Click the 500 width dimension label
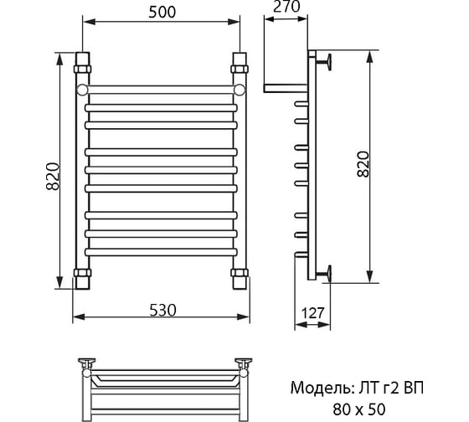(162, 13)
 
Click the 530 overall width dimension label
(162, 310)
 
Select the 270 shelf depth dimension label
(286, 7)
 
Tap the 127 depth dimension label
(312, 313)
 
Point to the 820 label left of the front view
(53, 177)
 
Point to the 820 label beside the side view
(363, 164)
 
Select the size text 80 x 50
(359, 409)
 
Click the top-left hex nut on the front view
(82, 69)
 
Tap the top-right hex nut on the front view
(240, 69)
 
